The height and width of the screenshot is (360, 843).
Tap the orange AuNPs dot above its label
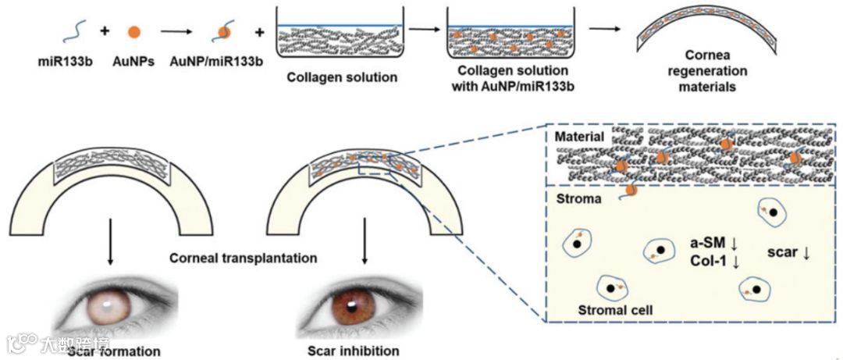pyautogui.click(x=134, y=32)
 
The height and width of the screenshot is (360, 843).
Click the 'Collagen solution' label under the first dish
pyautogui.click(x=342, y=77)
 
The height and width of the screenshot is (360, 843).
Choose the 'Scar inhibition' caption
pyautogui.click(x=354, y=350)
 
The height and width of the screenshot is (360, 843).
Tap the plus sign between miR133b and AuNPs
pyautogui.click(x=103, y=33)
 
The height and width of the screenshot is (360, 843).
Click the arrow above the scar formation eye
pyautogui.click(x=110, y=243)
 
